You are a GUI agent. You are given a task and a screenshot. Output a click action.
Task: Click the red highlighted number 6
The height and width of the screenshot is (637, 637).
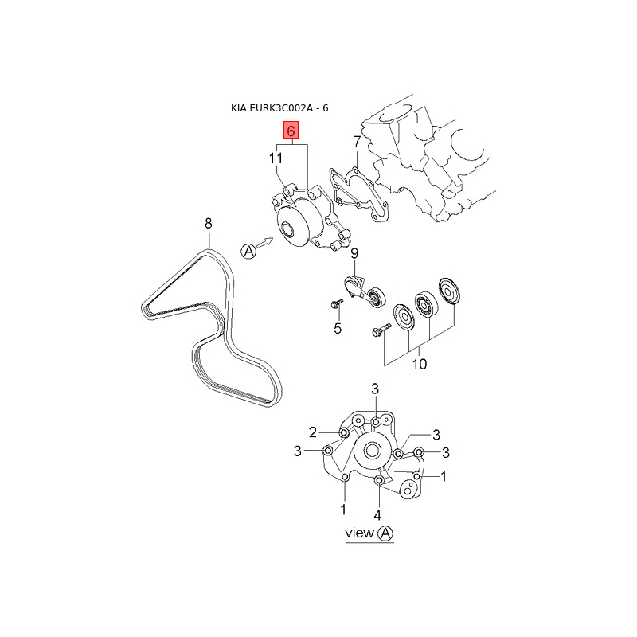pyautogui.click(x=291, y=130)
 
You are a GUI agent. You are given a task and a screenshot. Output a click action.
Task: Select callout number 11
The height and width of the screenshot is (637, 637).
pyautogui.click(x=276, y=159)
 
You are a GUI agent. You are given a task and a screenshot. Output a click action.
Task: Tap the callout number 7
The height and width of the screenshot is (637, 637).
pyautogui.click(x=358, y=143)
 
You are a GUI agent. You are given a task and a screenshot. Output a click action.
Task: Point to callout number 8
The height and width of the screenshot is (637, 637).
pyautogui.click(x=209, y=223)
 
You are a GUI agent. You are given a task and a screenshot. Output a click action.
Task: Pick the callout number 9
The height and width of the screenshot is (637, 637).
pyautogui.click(x=354, y=254)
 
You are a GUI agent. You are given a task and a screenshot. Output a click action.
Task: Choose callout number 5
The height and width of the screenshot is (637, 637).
pyautogui.click(x=337, y=328)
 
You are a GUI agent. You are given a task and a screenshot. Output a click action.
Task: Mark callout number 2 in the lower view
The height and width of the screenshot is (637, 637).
pyautogui.click(x=314, y=432)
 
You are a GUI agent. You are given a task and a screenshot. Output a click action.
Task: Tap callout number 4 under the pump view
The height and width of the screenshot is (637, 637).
pyautogui.click(x=377, y=514)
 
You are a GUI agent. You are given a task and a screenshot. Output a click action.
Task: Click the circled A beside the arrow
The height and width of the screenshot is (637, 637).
pyautogui.click(x=248, y=251)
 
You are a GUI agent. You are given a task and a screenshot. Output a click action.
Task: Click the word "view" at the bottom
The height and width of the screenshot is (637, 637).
pyautogui.click(x=359, y=533)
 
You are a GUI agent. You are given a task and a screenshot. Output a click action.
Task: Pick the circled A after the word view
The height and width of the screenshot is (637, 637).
pyautogui.click(x=385, y=533)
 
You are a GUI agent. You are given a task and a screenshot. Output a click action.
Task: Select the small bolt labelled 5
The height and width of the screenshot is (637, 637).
pyautogui.click(x=336, y=303)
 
